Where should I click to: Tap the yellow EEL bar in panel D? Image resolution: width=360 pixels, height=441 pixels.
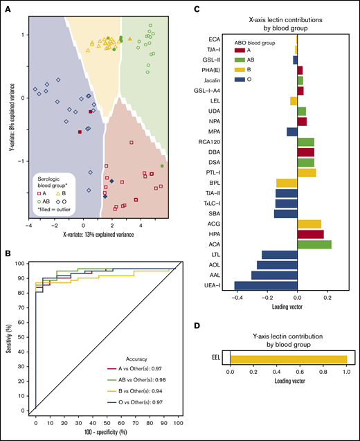pyautogui.click(x=288, y=359)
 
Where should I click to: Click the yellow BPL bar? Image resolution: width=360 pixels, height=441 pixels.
pyautogui.click(x=286, y=183)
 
